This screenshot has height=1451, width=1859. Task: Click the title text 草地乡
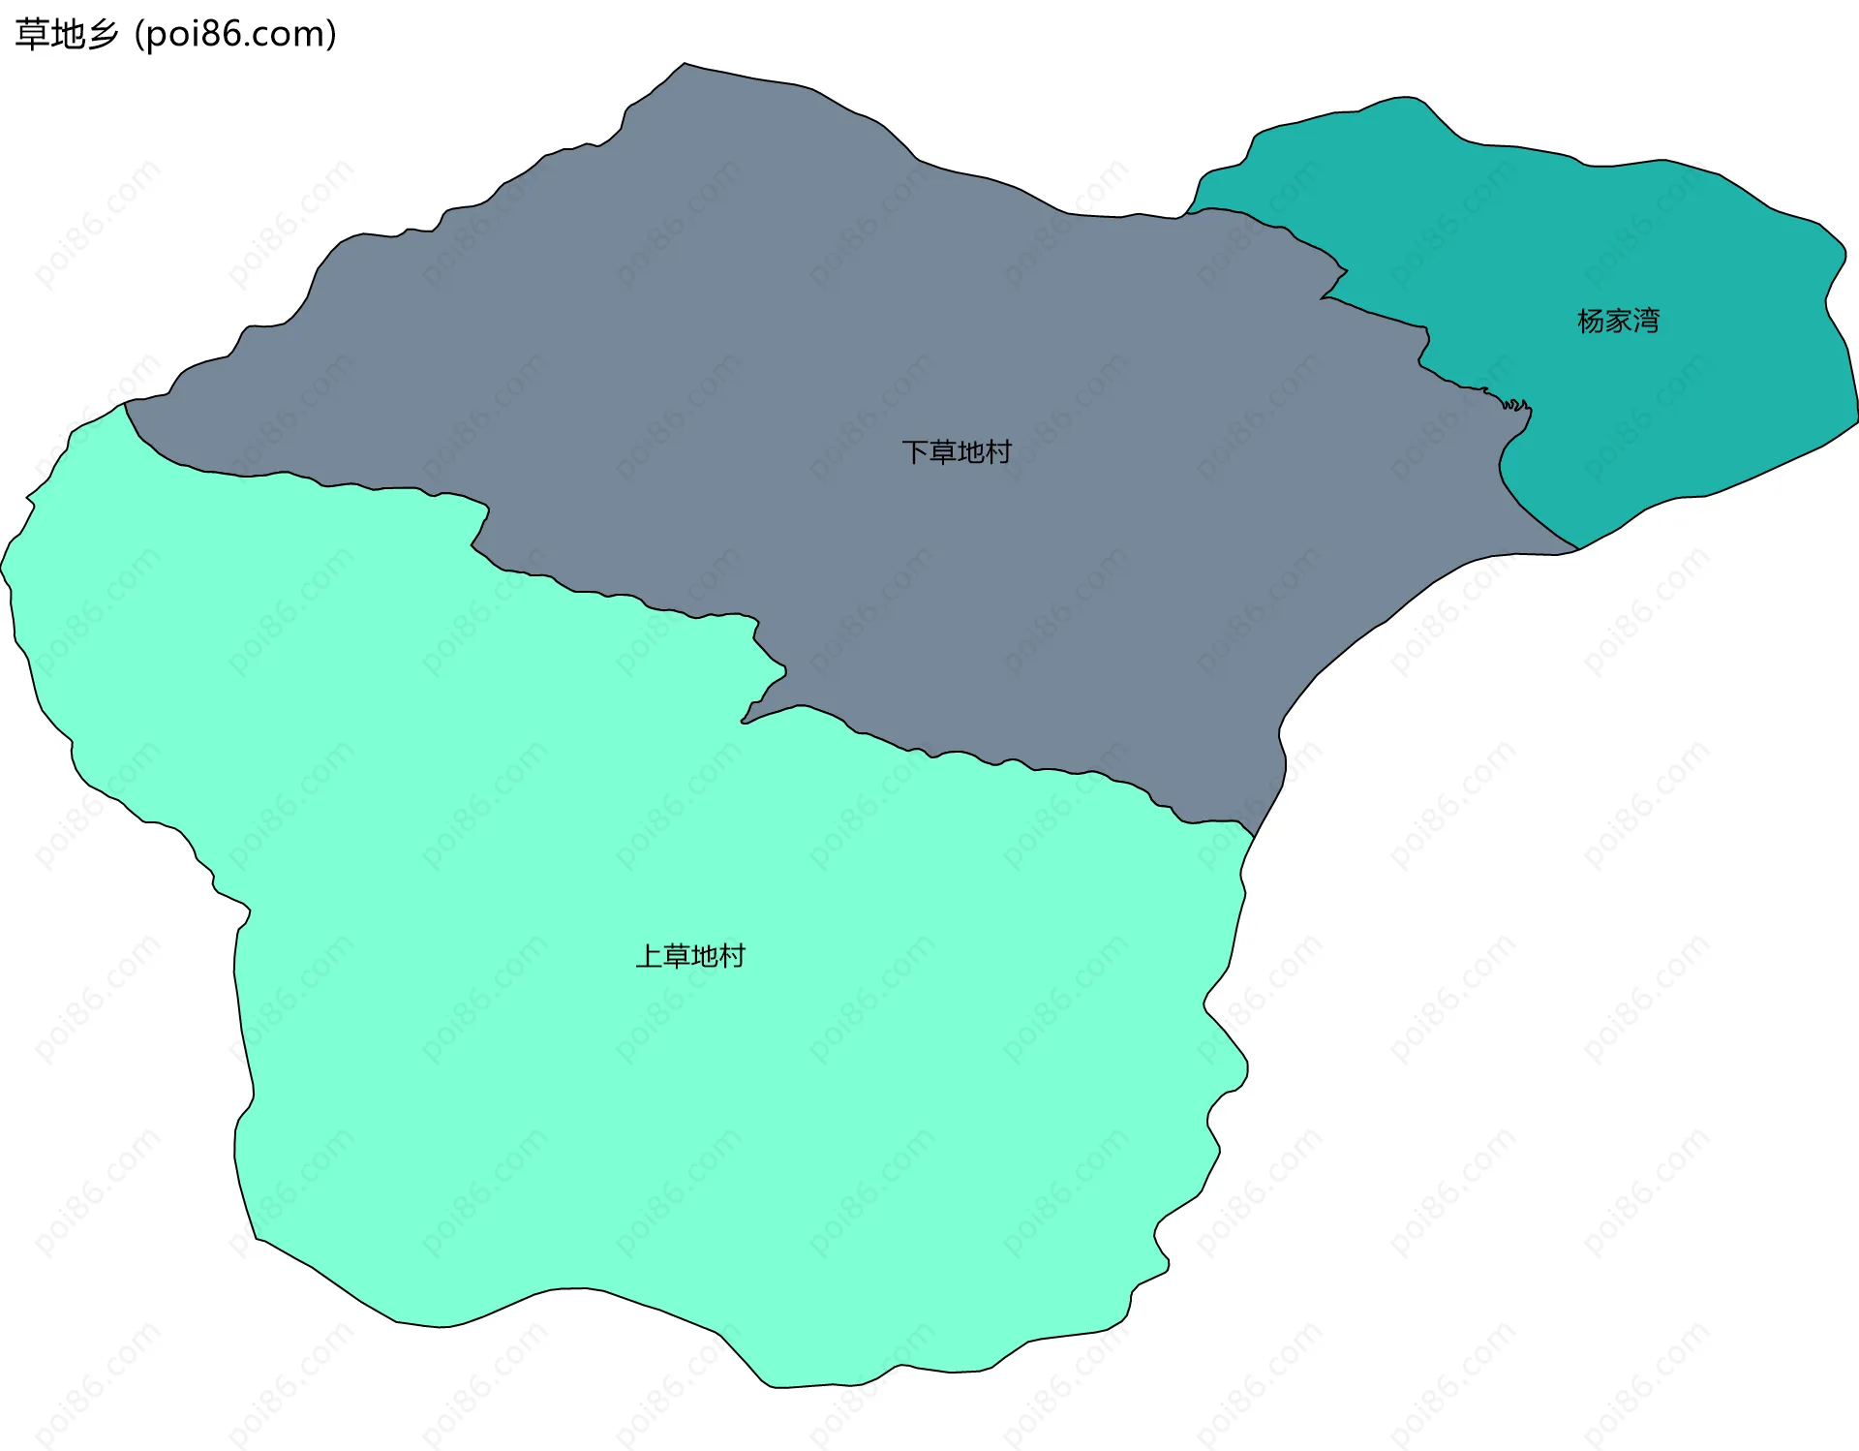[66, 35]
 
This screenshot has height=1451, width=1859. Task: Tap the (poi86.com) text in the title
[235, 35]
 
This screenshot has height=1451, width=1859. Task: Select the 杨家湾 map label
[1618, 321]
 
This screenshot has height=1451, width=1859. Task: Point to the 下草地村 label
[957, 451]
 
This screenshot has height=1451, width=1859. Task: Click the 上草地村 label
[690, 956]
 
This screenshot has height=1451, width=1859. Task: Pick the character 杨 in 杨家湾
[1591, 321]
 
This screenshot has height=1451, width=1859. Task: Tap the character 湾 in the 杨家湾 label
[1646, 321]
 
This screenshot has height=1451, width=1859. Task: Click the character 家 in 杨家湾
[1618, 321]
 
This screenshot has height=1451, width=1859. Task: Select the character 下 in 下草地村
[915, 451]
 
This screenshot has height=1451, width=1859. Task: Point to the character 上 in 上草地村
[649, 956]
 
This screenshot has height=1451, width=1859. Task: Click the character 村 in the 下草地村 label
[998, 451]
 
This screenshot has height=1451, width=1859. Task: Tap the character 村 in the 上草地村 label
[732, 956]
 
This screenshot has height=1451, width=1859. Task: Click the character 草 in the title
[31, 35]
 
